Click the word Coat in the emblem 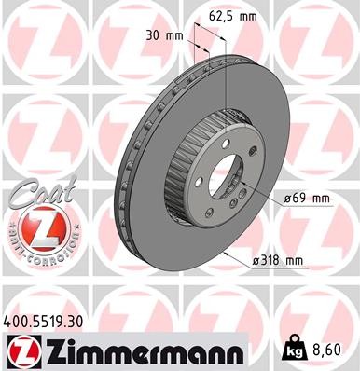[x=33, y=195]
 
